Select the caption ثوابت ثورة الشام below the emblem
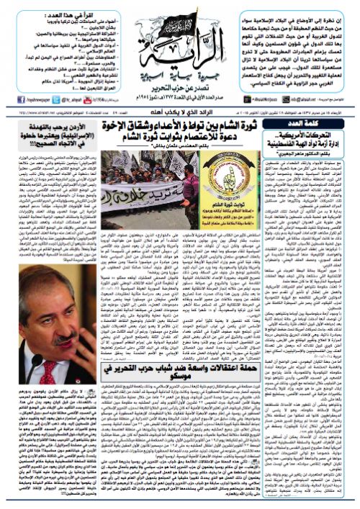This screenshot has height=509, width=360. pos(256,189)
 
